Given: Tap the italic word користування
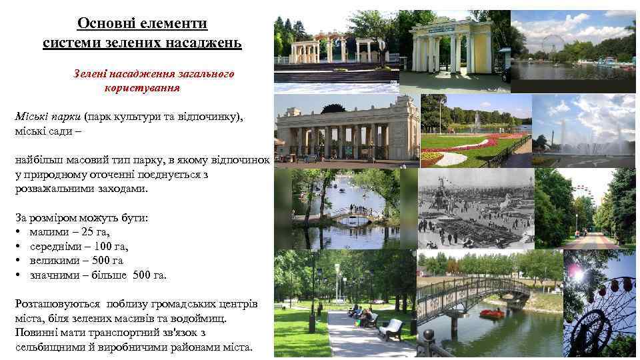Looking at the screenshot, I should click(x=142, y=87).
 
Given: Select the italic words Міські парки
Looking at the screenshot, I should click(x=48, y=117).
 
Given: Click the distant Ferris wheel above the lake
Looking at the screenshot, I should click(x=550, y=43).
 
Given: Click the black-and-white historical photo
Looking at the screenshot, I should click(x=476, y=207).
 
